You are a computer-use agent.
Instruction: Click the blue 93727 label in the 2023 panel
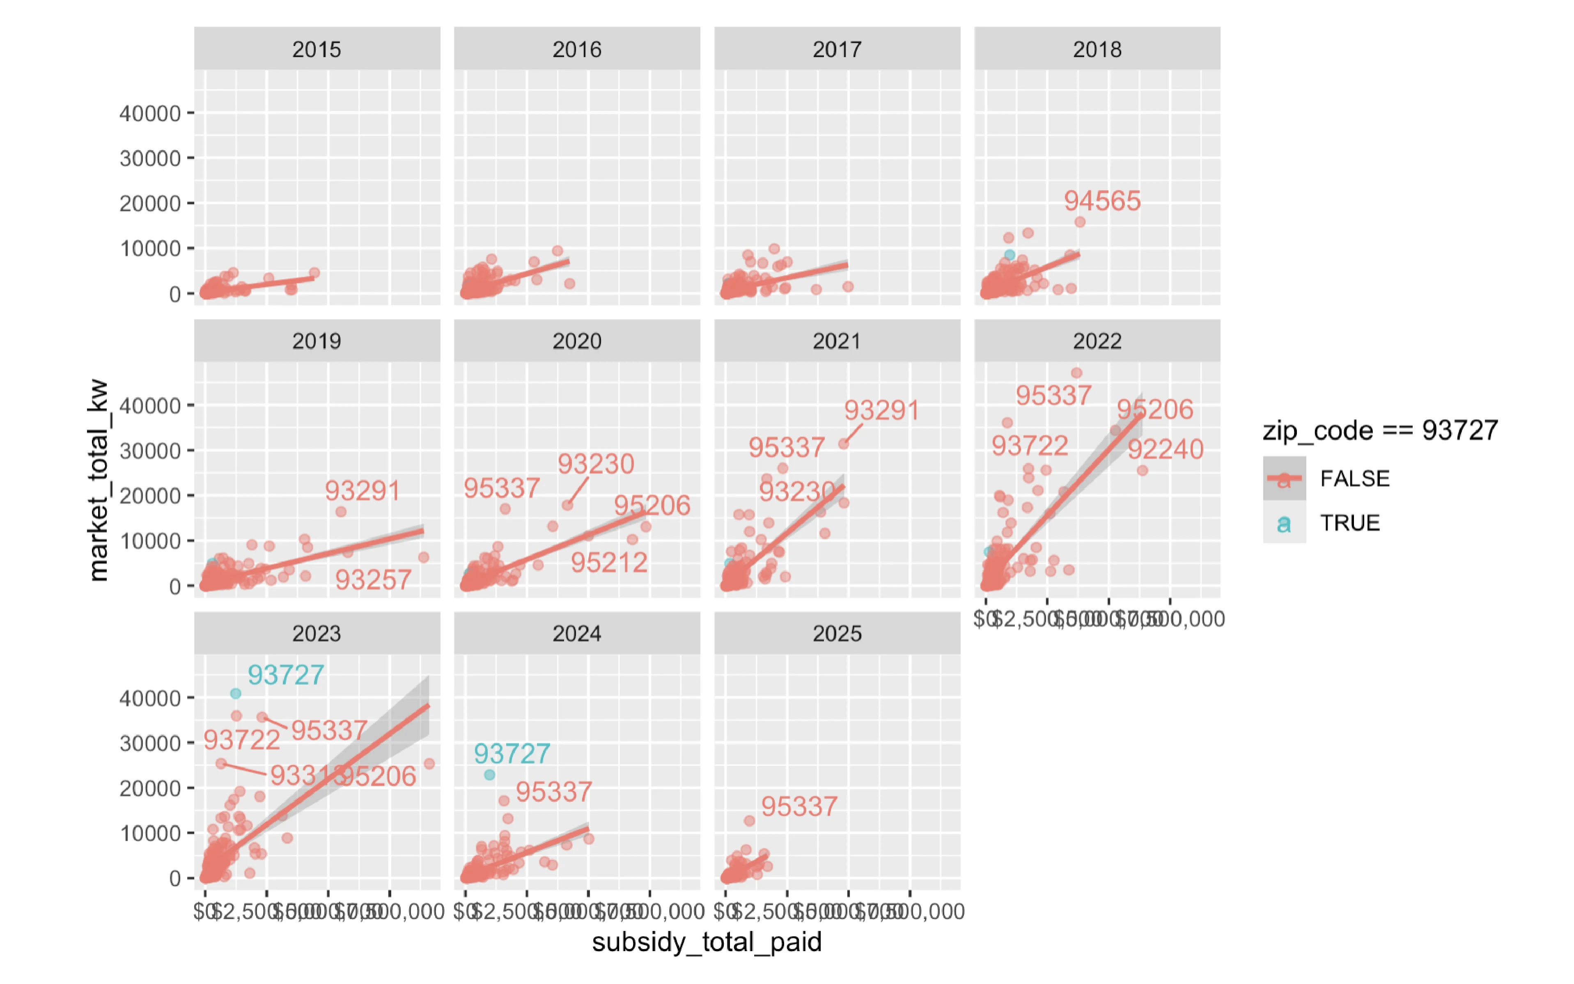(x=286, y=675)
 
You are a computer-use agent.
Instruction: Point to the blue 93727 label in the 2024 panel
(x=512, y=754)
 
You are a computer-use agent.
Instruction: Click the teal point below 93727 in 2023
(x=236, y=694)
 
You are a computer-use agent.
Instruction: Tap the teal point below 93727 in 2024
(x=490, y=775)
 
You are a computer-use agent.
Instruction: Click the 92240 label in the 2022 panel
(x=1165, y=449)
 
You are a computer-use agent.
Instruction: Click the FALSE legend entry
(x=1354, y=478)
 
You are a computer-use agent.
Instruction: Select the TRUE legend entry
(x=1349, y=522)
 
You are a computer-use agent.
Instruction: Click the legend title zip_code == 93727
(x=1380, y=430)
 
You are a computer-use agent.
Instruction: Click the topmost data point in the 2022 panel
(x=1076, y=373)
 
